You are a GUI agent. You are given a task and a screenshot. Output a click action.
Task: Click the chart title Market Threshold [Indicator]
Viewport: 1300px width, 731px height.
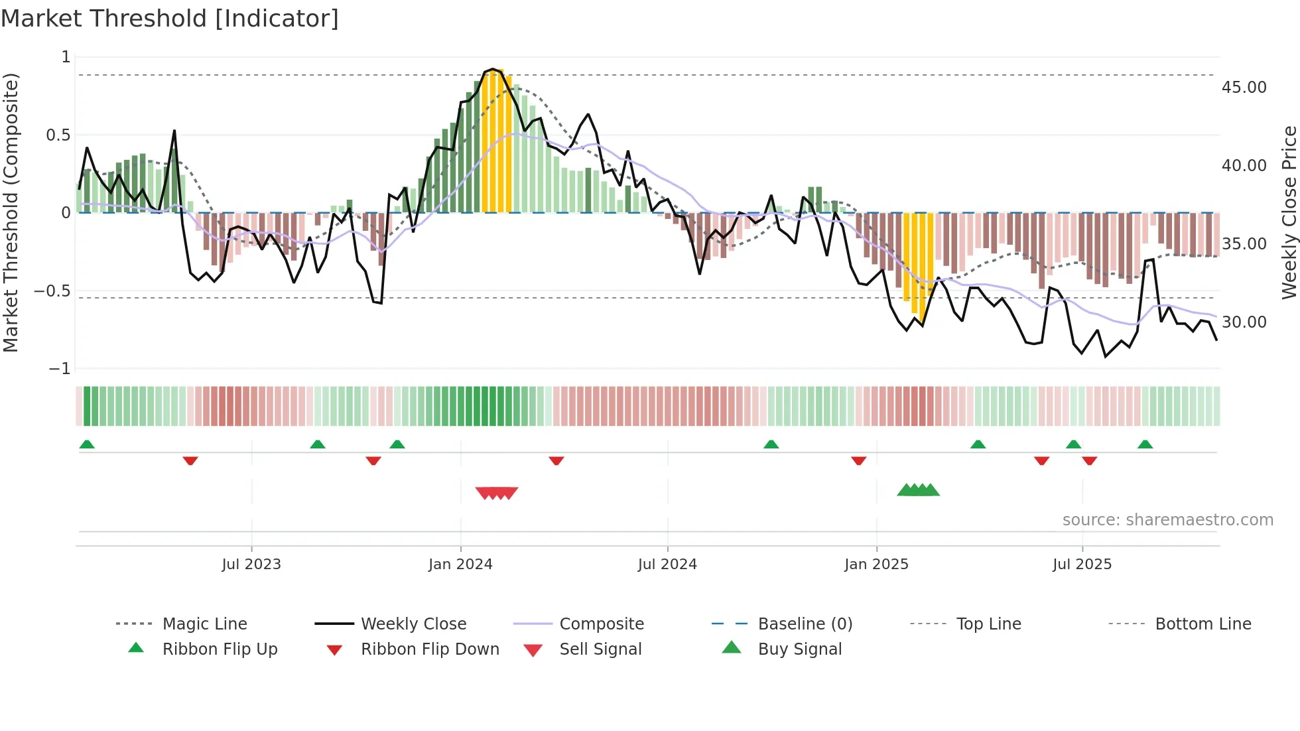[170, 19]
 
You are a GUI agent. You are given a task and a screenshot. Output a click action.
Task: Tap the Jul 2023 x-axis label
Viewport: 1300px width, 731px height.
[251, 565]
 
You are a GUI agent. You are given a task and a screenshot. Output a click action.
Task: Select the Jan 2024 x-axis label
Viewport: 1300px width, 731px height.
[460, 565]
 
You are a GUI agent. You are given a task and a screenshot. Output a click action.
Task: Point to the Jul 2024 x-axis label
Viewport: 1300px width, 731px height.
[667, 565]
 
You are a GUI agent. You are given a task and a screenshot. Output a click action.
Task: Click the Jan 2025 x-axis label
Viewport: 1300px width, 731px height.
[876, 565]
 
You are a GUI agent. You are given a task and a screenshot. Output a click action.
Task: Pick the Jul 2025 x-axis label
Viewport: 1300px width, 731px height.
[1082, 565]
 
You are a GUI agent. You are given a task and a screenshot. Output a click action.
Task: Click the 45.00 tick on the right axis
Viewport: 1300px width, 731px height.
[1244, 88]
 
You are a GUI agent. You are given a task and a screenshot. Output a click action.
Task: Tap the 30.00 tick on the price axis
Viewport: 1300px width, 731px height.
[1244, 322]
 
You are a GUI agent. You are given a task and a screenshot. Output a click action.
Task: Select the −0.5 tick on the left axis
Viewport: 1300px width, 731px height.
[52, 291]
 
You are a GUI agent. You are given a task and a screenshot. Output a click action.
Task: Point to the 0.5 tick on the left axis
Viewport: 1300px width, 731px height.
[58, 135]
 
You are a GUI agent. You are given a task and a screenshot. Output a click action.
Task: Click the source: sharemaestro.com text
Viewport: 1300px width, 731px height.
[1167, 520]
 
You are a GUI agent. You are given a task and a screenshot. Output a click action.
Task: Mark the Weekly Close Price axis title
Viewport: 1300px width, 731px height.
[1289, 212]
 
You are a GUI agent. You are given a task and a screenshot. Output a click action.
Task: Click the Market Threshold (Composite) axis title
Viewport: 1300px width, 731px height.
[11, 212]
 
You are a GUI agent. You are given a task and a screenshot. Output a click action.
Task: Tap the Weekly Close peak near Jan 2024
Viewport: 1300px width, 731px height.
[492, 69]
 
